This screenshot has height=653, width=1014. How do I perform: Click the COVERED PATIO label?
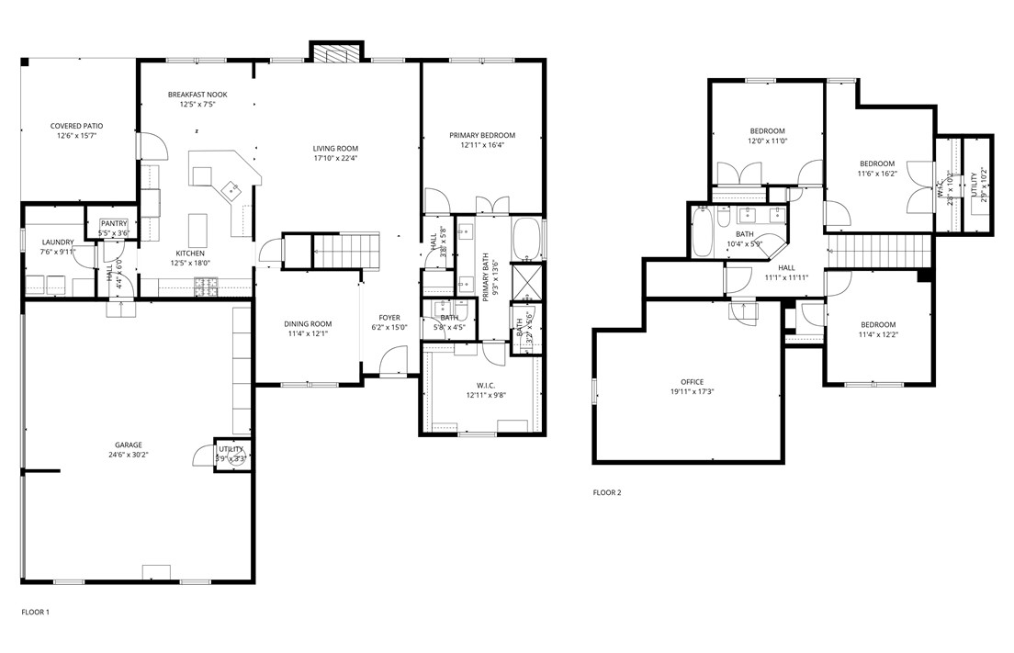(x=76, y=126)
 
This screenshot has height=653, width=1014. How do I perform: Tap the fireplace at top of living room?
(x=336, y=52)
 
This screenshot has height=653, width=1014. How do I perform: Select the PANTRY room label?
(x=114, y=223)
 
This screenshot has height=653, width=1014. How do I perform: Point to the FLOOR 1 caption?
(x=35, y=611)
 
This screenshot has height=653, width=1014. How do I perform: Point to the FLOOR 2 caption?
(x=607, y=492)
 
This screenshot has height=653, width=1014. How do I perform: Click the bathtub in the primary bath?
(x=527, y=237)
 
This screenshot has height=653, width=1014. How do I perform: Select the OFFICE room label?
(x=693, y=382)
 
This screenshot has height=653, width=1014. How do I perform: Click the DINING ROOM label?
(x=308, y=324)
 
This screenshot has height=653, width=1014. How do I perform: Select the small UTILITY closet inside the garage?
(x=230, y=454)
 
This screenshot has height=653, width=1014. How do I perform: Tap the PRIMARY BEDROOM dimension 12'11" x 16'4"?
(x=482, y=145)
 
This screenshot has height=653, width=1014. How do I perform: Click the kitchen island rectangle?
(x=198, y=226)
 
